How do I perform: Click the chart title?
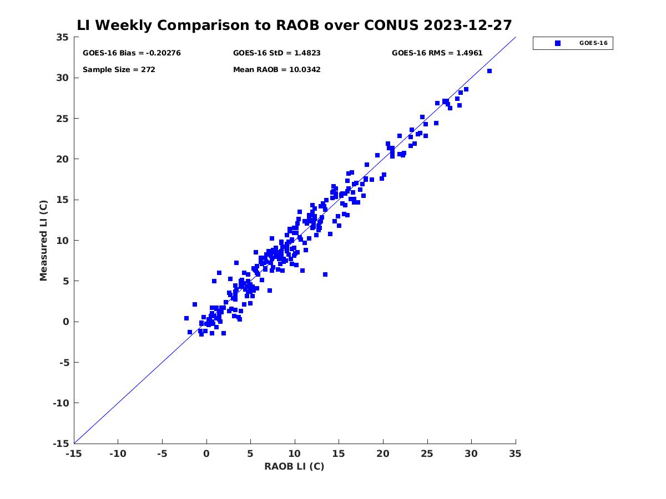294,26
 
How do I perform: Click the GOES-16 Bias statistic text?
132,53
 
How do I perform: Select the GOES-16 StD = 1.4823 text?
276,53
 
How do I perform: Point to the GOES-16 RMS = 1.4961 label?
437,53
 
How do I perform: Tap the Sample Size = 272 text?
119,70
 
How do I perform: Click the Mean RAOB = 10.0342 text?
276,70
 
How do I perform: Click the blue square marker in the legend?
558,43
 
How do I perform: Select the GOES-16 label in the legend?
593,43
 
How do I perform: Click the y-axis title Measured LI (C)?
44,240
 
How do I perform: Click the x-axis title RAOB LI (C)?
294,466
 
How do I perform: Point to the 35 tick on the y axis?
62,37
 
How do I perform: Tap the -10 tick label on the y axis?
60,403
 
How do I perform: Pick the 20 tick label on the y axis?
62,159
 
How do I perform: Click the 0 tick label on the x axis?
206,454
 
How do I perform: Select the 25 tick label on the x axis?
427,454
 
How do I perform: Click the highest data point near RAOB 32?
490,71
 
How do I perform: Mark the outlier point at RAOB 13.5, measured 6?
325,274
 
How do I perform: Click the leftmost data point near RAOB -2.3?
186,318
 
